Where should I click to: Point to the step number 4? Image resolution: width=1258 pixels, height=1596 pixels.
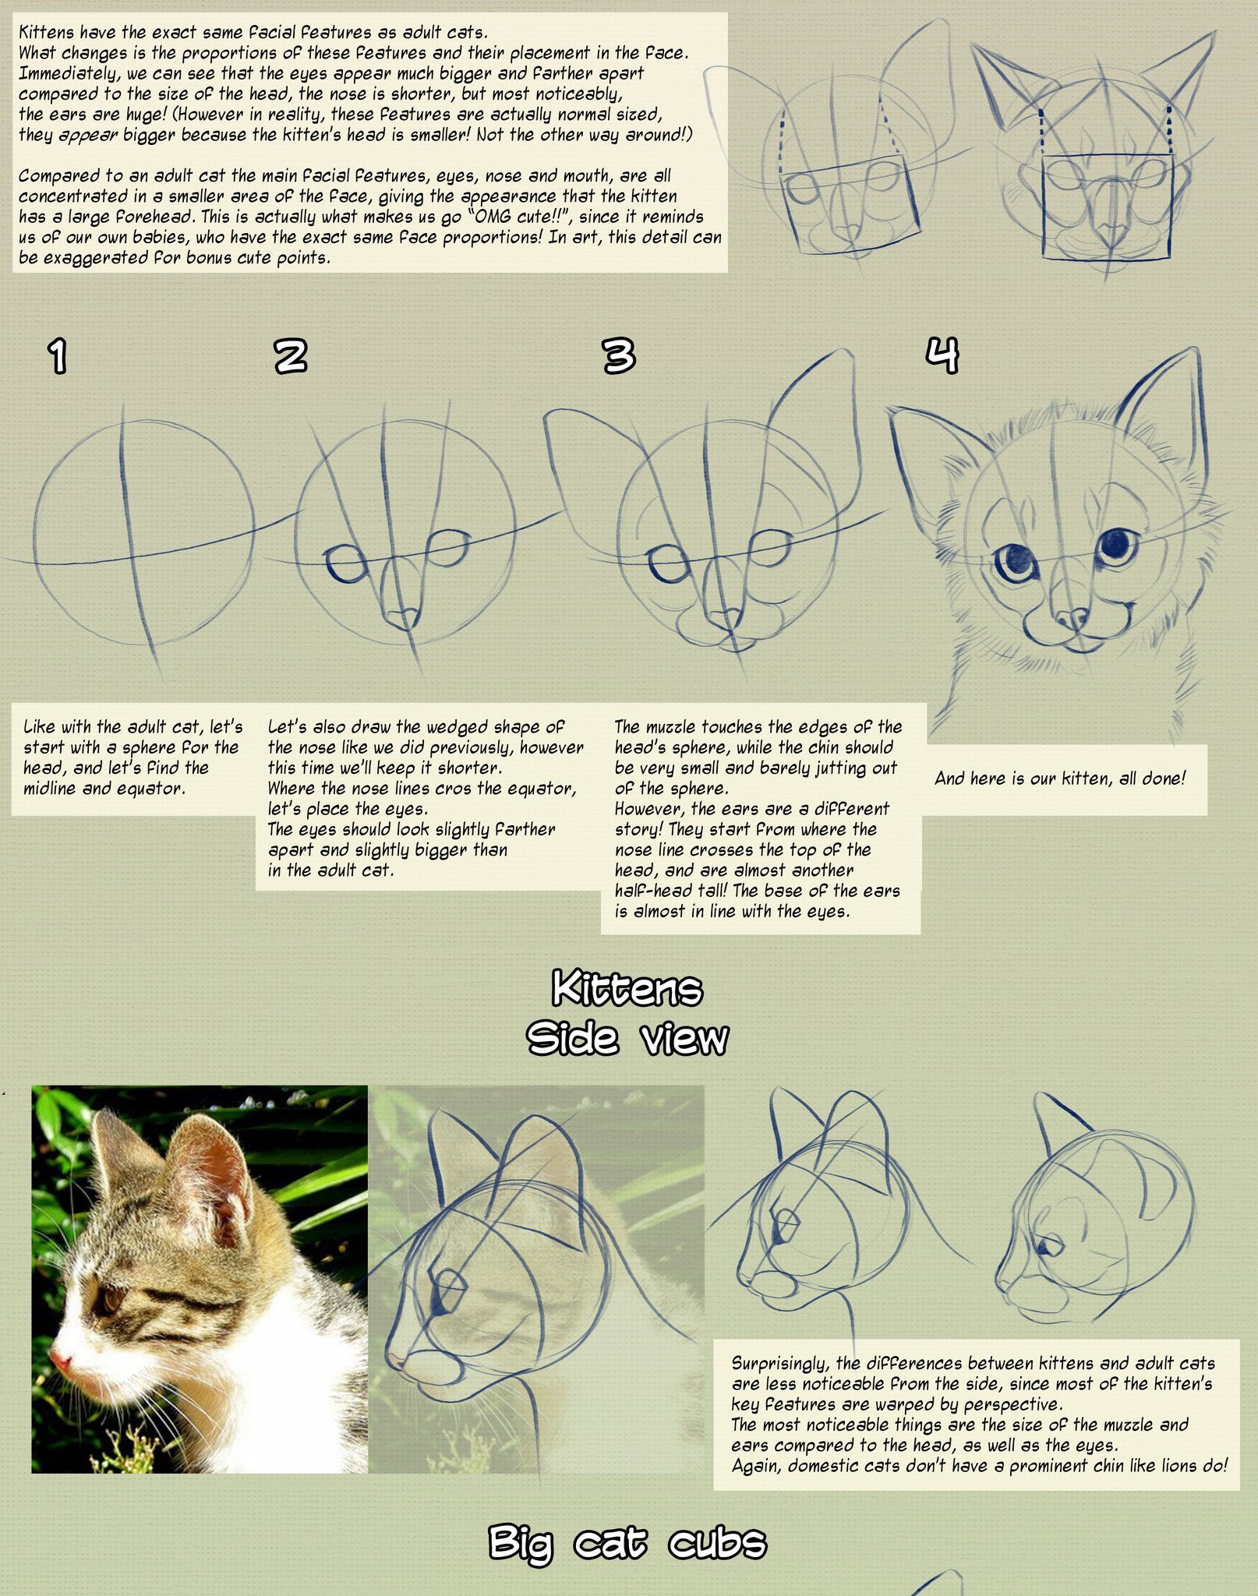942,355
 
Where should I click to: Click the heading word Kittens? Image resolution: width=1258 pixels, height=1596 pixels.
627,990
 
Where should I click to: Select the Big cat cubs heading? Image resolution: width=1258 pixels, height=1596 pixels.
627,1541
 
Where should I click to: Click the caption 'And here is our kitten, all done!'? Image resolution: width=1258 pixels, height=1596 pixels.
1059,778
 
